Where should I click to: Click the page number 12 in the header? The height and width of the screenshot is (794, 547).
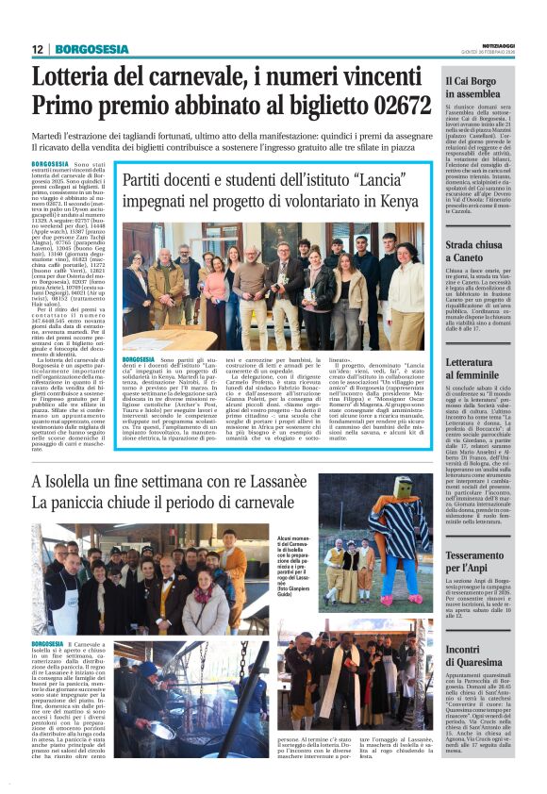(x=37, y=50)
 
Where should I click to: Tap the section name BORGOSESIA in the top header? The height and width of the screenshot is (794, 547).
(x=91, y=50)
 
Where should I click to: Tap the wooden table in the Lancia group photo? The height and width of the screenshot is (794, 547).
(x=170, y=339)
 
